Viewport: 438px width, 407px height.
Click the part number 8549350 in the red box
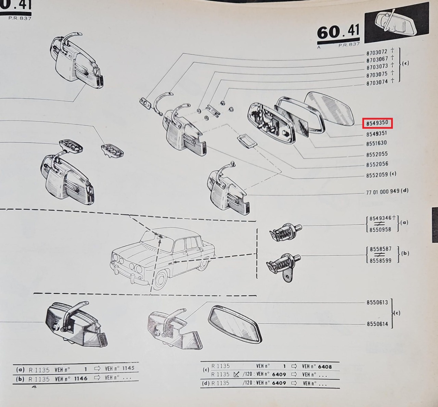[377, 123]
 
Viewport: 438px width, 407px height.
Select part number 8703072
[377, 52]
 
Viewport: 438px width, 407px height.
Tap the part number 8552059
[377, 175]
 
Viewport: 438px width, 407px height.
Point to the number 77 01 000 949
[383, 192]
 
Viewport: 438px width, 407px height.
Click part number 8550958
[380, 230]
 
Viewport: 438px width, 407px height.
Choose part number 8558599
[381, 261]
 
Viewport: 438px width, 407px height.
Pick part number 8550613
[377, 303]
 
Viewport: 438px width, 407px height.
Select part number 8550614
[377, 324]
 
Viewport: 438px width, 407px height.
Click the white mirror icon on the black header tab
[396, 23]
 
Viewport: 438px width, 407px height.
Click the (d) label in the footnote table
[206, 383]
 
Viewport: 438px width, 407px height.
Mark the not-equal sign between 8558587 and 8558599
[380, 255]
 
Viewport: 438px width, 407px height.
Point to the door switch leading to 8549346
[285, 232]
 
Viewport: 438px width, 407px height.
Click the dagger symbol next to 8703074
[392, 81]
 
